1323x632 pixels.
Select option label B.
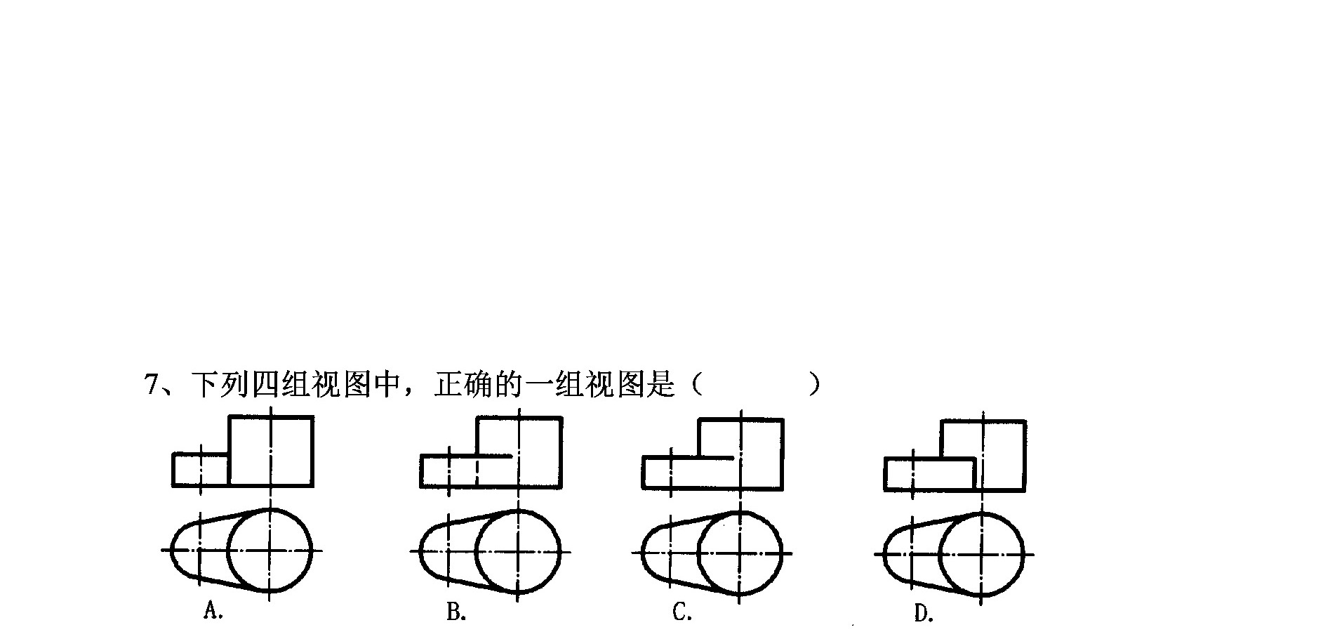pos(456,612)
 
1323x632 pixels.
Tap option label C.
pos(682,612)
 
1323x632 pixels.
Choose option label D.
pos(924,614)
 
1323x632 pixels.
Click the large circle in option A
pos(270,508)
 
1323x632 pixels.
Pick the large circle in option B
pos(518,510)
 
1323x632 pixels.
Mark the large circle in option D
pos(981,513)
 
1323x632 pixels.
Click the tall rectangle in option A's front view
pos(271,417)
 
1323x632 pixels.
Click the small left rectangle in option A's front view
pos(201,455)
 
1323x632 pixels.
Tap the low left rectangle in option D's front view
pos(930,459)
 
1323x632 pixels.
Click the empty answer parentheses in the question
pos(754,385)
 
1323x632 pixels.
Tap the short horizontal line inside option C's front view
pos(716,458)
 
